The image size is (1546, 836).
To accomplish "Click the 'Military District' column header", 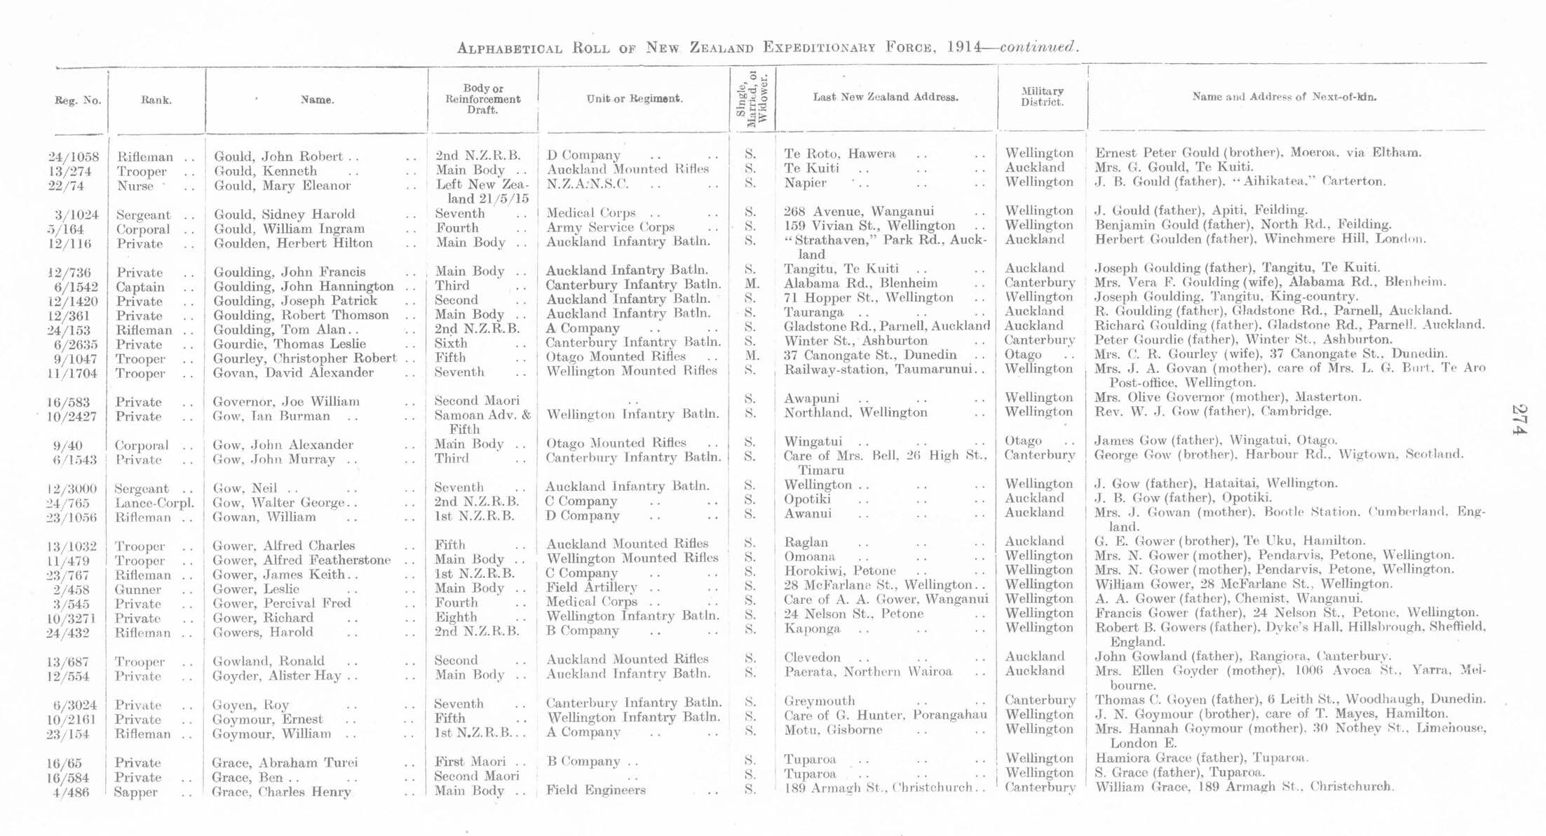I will point(1042,97).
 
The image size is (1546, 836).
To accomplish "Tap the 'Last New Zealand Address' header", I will point(886,97).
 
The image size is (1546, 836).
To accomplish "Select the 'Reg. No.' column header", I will point(78,100).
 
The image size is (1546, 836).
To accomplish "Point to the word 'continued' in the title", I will point(1037,47).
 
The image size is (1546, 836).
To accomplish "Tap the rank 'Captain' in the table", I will point(140,287).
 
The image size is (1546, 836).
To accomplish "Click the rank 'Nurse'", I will point(135,186).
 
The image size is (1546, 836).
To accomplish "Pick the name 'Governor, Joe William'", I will point(286,402).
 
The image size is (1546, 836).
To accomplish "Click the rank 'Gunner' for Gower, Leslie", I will point(137,589).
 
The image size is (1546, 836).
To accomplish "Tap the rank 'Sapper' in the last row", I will point(136,793).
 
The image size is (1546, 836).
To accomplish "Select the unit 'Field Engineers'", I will point(595,790).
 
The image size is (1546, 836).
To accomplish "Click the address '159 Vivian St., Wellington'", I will point(869,226).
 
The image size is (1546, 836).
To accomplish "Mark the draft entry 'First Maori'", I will point(470,762).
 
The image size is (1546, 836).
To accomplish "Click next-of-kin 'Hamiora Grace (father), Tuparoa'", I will point(1201,758).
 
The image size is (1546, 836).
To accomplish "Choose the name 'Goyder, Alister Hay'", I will point(278,676).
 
